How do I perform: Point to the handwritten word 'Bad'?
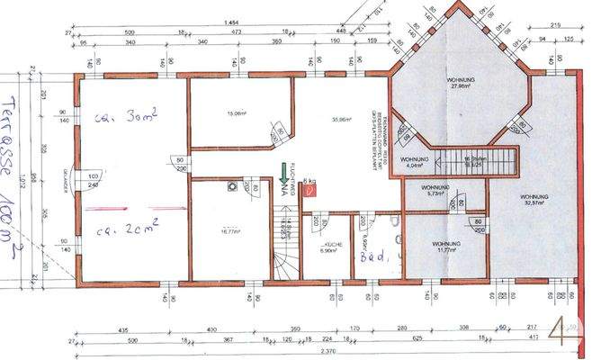click(371, 255)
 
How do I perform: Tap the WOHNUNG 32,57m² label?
click(536, 201)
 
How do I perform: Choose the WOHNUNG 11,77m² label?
click(446, 247)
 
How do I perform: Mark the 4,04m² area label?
click(415, 166)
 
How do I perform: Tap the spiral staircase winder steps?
click(285, 262)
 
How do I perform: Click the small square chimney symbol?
click(232, 187)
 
